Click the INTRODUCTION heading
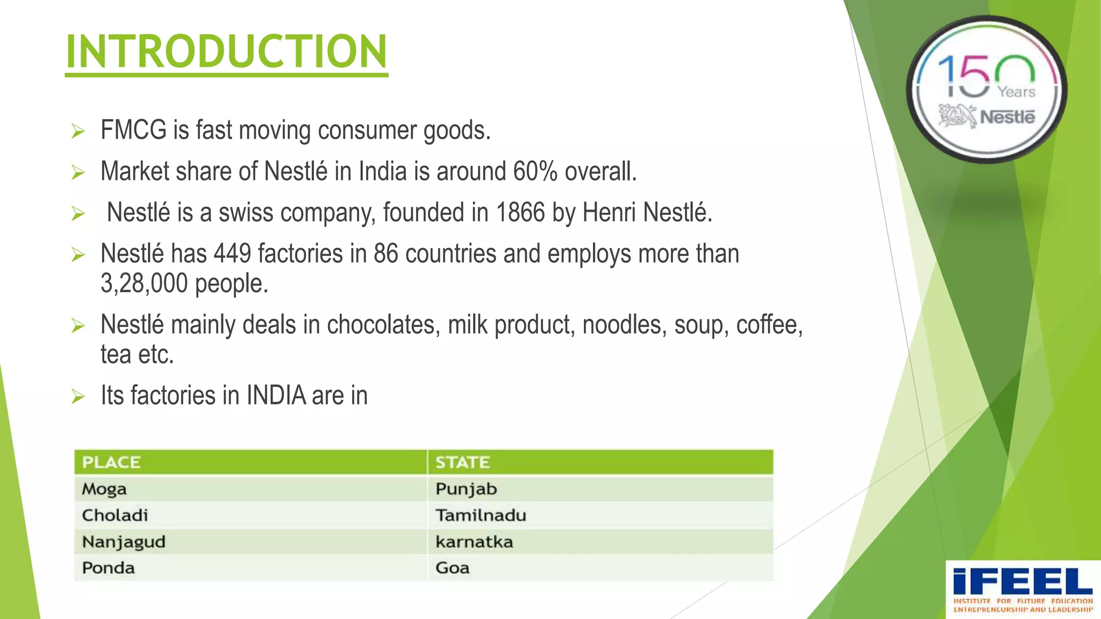pyautogui.click(x=226, y=52)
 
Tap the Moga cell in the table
pyautogui.click(x=104, y=489)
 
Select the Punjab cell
pyautogui.click(x=466, y=489)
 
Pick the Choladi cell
pyautogui.click(x=115, y=515)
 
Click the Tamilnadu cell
pyautogui.click(x=481, y=515)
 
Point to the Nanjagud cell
pyautogui.click(x=124, y=542)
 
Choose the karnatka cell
pyautogui.click(x=474, y=542)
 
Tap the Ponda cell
pyautogui.click(x=108, y=568)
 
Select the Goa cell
pyautogui.click(x=452, y=568)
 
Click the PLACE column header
pyautogui.click(x=111, y=462)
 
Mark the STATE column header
pyautogui.click(x=462, y=462)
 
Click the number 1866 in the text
pyautogui.click(x=520, y=213)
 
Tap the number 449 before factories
pyautogui.click(x=232, y=254)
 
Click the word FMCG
pyautogui.click(x=133, y=131)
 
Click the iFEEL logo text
pyautogui.click(x=1023, y=582)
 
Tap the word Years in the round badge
pyautogui.click(x=1017, y=92)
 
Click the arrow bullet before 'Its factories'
pyautogui.click(x=78, y=397)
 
